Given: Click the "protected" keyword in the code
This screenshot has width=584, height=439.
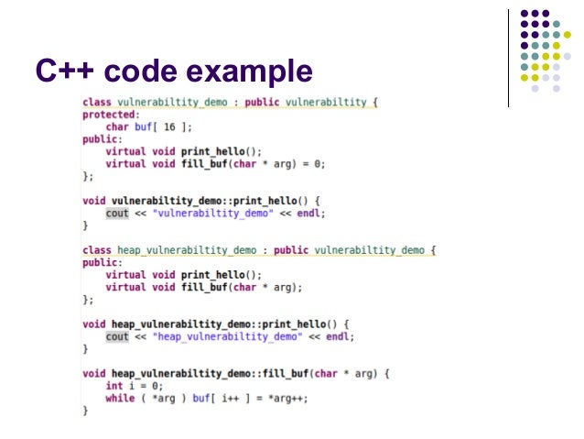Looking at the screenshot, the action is (108, 115).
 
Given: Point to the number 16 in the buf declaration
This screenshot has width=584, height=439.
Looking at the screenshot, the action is (169, 126).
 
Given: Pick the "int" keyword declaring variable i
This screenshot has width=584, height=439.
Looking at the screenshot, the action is (114, 386).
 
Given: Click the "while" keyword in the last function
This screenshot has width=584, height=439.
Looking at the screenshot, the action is (120, 398).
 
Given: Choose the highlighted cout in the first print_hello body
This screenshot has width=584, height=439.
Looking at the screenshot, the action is (117, 213).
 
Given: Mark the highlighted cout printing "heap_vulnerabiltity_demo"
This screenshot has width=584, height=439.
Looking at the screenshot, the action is (117, 336).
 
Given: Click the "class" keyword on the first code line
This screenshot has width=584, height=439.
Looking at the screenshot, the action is (97, 102).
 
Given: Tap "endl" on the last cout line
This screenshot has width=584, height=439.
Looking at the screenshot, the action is (341, 336).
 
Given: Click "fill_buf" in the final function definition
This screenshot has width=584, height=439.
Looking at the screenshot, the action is (288, 373).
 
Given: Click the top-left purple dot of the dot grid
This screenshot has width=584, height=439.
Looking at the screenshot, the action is (525, 15).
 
